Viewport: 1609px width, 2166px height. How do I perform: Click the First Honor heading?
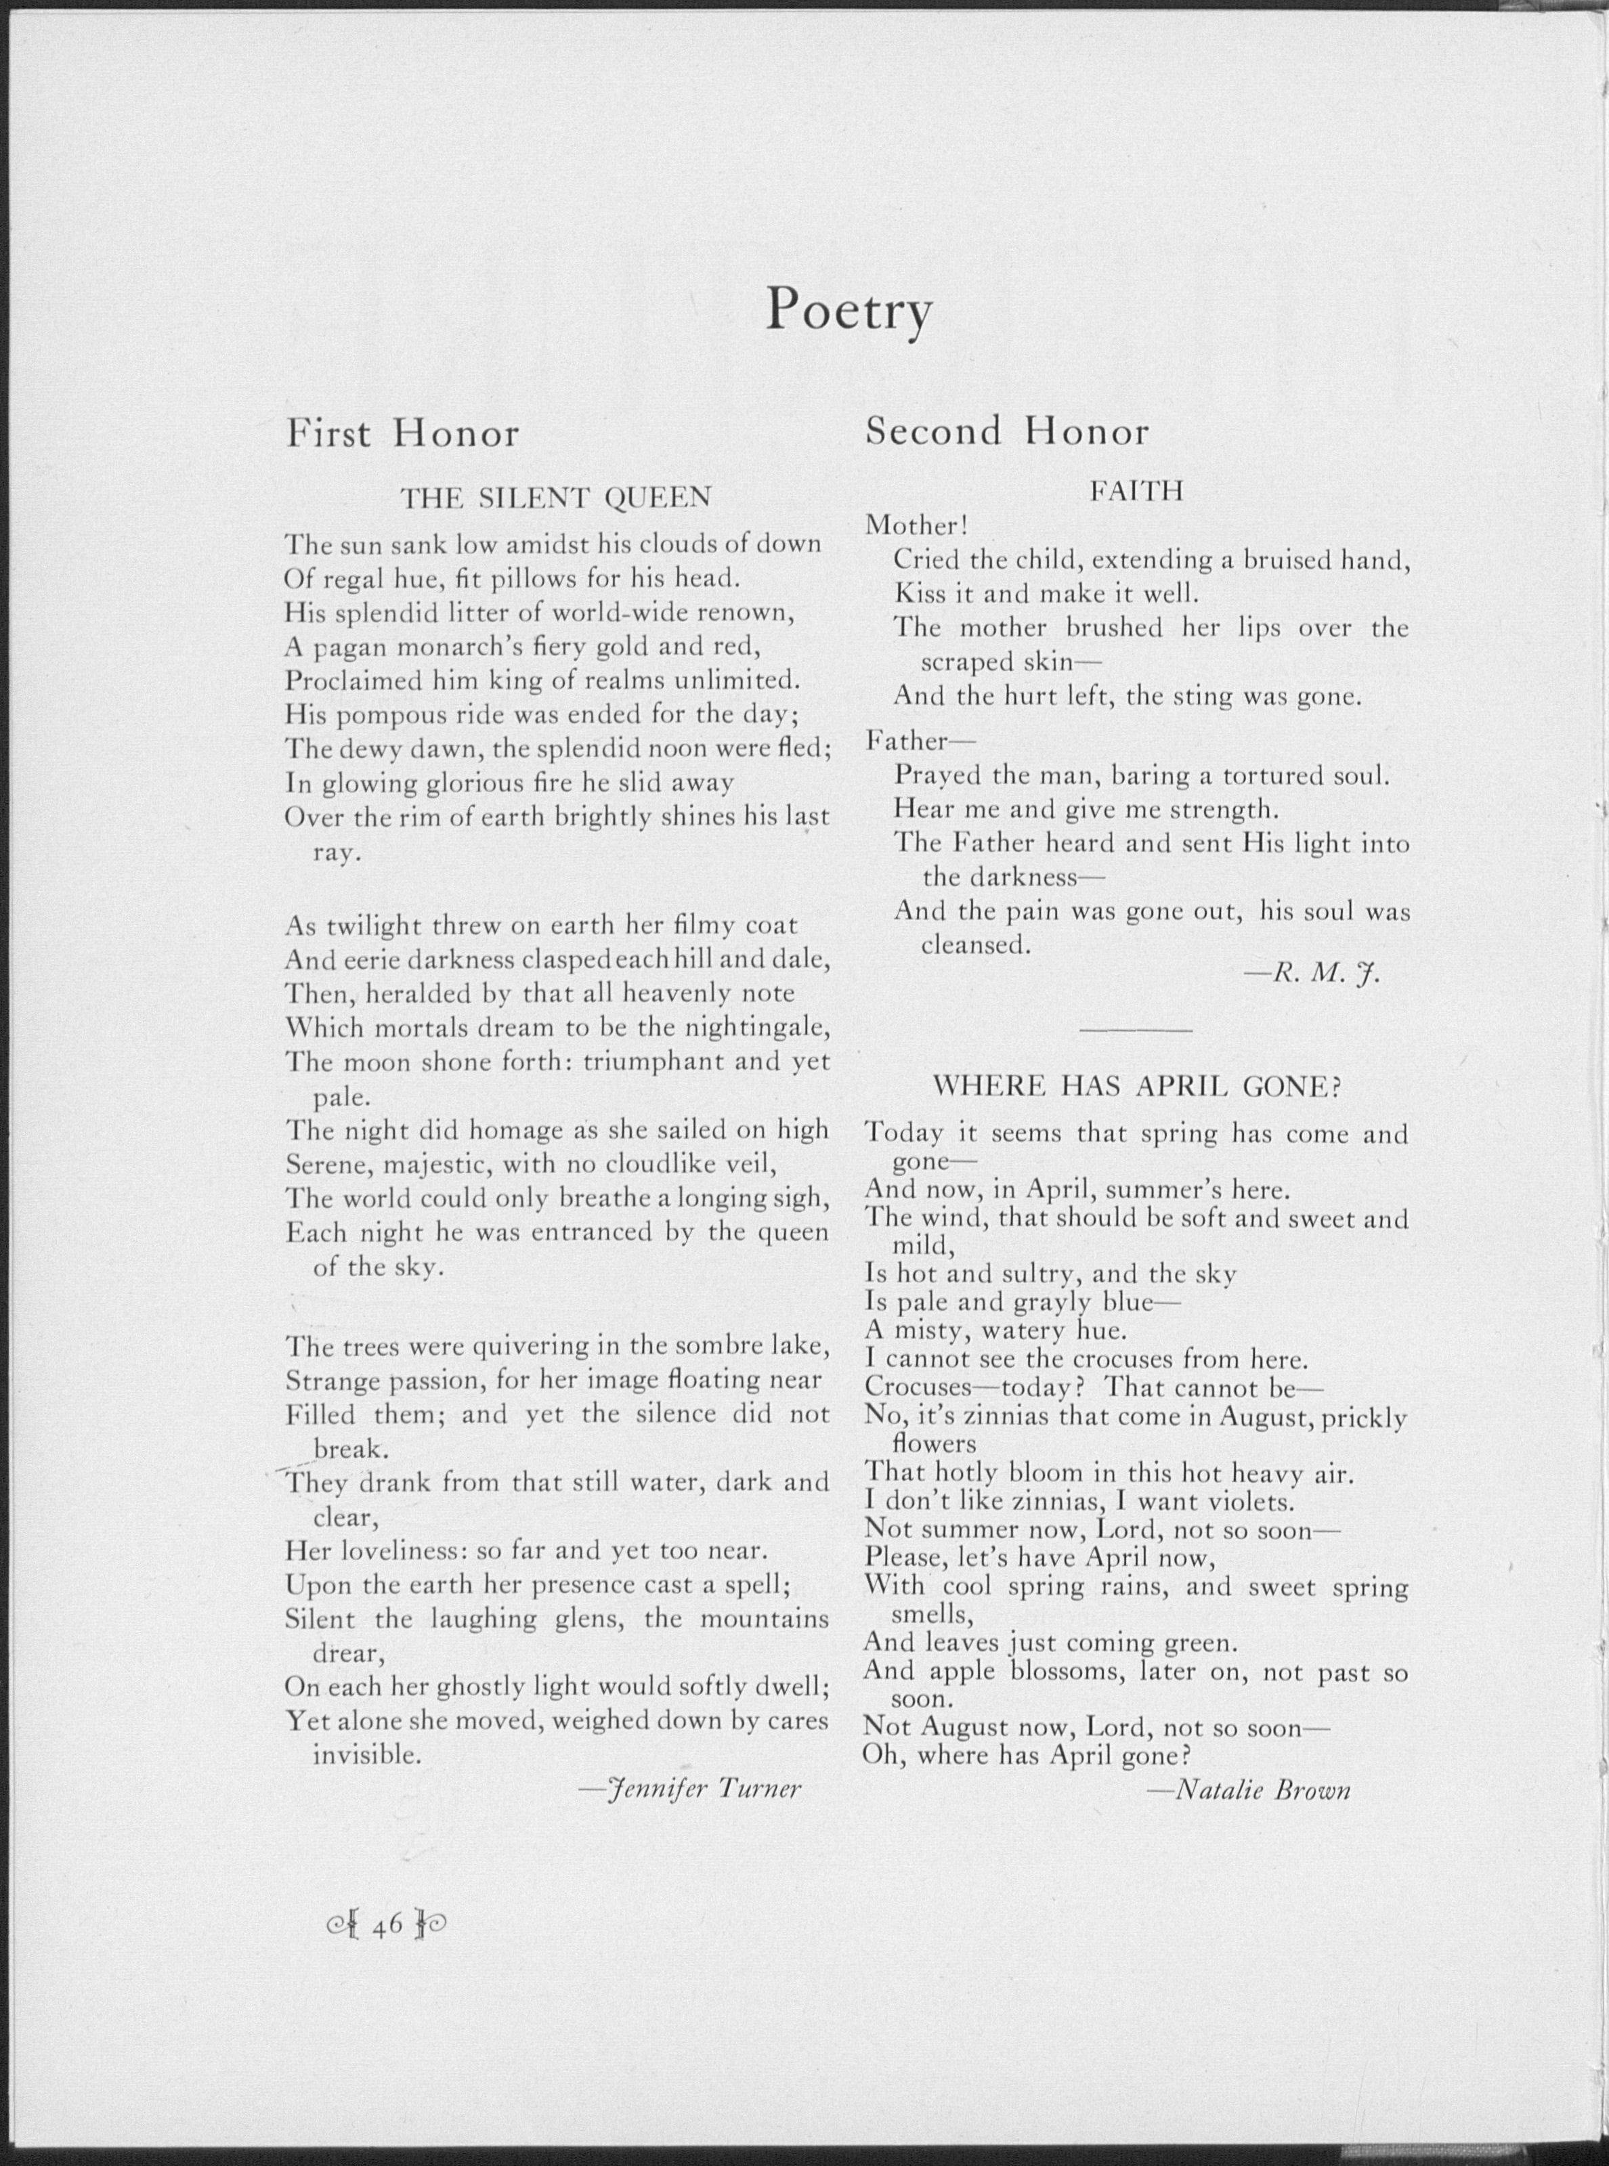pos(402,433)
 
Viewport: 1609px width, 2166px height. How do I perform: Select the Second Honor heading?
pos(1007,431)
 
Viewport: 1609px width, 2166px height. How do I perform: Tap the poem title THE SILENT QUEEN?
pos(556,498)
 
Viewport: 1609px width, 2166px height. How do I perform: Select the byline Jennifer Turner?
pos(691,1788)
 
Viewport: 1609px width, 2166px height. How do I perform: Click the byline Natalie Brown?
pos(1249,1790)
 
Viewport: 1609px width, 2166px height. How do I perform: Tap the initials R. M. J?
pos(1313,974)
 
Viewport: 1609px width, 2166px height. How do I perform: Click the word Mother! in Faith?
pos(916,526)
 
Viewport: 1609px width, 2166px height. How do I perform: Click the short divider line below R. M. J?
pos(1136,1029)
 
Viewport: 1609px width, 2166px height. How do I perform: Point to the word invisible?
pos(366,1754)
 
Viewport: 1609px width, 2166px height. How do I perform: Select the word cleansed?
pos(975,945)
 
